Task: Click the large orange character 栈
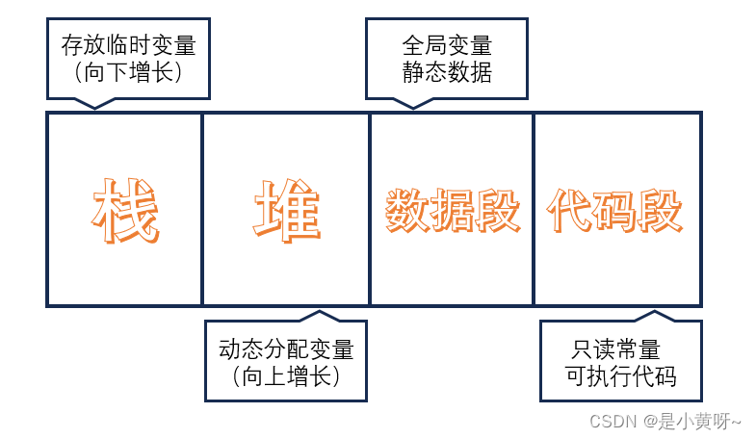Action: click(x=125, y=210)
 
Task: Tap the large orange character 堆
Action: click(x=287, y=210)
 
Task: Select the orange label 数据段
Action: click(x=453, y=211)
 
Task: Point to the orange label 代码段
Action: click(x=614, y=211)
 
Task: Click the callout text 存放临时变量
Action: click(x=128, y=45)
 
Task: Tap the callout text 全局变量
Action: click(x=446, y=45)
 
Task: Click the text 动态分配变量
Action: click(x=286, y=349)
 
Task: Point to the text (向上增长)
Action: click(x=286, y=375)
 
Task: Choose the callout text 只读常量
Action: click(x=621, y=349)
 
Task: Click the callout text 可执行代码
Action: click(x=621, y=375)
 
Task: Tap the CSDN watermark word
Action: click(x=609, y=422)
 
